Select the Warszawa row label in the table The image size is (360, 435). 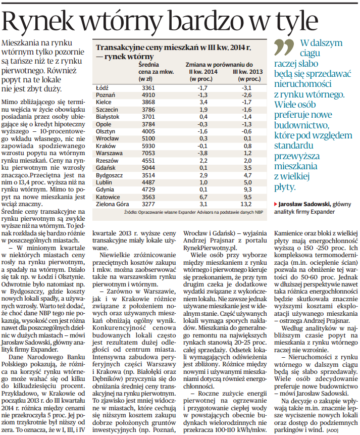[109, 153]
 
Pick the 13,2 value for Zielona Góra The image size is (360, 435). [245, 204]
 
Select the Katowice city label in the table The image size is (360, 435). [108, 197]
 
